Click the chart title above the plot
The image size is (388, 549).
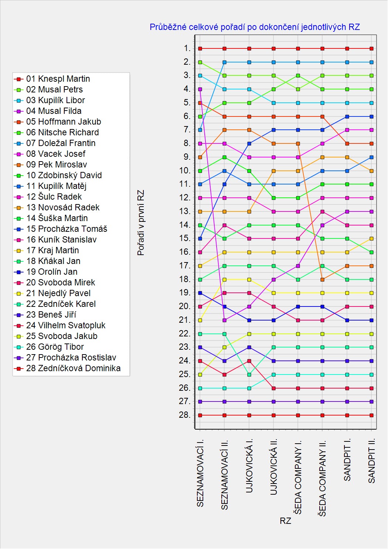(x=255, y=27)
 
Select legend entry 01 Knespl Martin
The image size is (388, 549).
(x=58, y=79)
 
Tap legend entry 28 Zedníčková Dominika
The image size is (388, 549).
(x=73, y=368)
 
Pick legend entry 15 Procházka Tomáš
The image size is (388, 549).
(x=67, y=229)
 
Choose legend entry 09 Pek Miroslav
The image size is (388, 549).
(x=57, y=165)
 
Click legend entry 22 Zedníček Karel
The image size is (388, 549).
(x=61, y=304)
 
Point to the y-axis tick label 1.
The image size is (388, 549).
(x=187, y=48)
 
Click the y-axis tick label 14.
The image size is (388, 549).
(x=185, y=225)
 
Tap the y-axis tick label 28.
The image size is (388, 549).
(x=185, y=415)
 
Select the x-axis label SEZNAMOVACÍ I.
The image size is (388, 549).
(x=200, y=473)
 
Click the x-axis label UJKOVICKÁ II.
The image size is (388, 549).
(x=273, y=467)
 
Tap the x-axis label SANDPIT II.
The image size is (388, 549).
(x=372, y=461)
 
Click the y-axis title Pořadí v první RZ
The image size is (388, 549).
(x=141, y=223)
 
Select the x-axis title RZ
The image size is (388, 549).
(x=285, y=521)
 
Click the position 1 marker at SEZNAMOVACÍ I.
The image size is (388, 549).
(x=200, y=48)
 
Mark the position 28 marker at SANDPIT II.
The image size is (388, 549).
(x=371, y=415)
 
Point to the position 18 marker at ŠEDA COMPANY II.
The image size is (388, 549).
(x=323, y=279)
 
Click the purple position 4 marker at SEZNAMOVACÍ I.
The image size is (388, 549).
(x=200, y=89)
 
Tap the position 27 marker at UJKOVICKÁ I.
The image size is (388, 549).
(x=249, y=401)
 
